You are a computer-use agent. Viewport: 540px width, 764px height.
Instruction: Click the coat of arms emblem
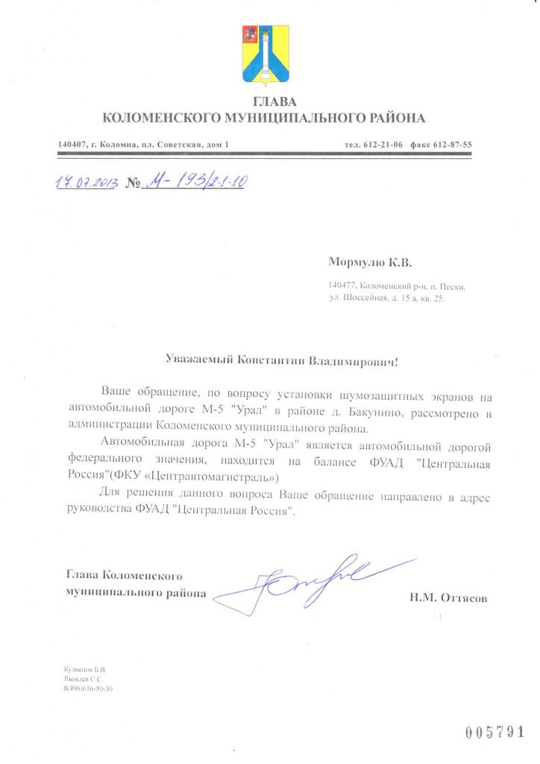coord(263,54)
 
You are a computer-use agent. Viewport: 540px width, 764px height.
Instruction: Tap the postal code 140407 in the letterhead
coord(72,144)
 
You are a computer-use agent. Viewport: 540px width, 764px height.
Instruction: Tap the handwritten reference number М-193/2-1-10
coord(195,181)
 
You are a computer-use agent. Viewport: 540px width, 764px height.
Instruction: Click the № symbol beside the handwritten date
coord(134,184)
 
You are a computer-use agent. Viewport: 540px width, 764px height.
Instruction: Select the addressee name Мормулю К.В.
coord(369,263)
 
